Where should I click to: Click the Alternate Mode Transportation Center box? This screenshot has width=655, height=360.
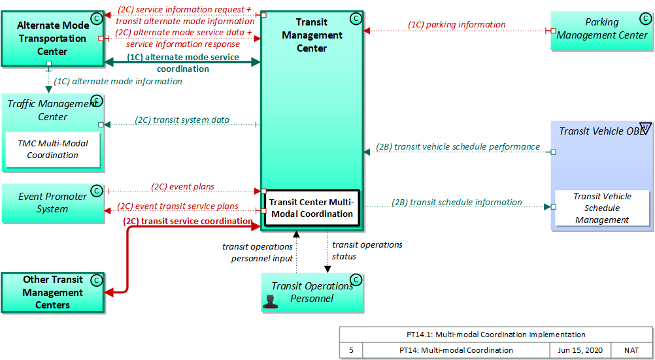click(x=52, y=39)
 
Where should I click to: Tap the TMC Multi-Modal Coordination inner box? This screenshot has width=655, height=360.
click(x=53, y=150)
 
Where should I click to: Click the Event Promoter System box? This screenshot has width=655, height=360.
click(x=52, y=203)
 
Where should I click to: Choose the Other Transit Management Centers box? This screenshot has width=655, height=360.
click(x=52, y=293)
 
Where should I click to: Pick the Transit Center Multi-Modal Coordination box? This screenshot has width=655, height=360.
click(x=311, y=208)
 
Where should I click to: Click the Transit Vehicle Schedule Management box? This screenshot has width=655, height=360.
click(x=602, y=208)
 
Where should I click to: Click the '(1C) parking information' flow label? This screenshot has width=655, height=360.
click(x=457, y=25)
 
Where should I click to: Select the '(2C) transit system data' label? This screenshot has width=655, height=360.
click(x=182, y=120)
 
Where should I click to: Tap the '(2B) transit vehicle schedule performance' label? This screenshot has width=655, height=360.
click(x=458, y=147)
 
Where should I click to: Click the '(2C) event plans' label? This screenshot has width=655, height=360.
click(x=182, y=186)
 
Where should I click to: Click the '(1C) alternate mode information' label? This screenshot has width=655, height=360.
click(x=118, y=82)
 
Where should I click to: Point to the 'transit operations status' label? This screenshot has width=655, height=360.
click(x=367, y=250)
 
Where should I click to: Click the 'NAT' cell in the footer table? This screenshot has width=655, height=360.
click(x=631, y=350)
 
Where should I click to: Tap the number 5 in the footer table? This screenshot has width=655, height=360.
click(x=351, y=350)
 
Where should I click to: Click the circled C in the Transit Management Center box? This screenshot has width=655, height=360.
click(x=356, y=19)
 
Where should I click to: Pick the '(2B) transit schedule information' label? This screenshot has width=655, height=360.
click(x=457, y=203)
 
